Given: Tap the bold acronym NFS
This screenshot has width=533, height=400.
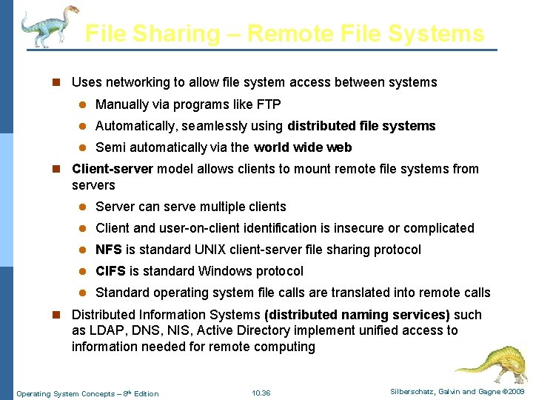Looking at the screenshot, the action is [109, 250].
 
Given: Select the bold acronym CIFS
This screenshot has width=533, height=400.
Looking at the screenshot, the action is [111, 271].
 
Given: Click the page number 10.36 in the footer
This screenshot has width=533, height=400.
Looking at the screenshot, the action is [261, 393].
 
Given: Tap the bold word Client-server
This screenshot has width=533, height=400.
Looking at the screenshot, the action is [113, 169].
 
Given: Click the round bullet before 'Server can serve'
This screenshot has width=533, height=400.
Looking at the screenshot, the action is [84, 207].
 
